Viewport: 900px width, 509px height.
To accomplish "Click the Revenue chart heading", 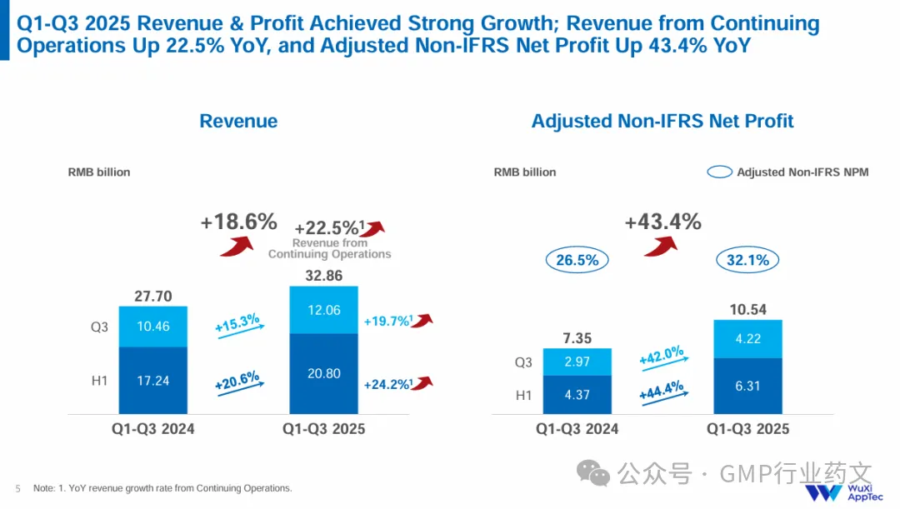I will (x=238, y=122).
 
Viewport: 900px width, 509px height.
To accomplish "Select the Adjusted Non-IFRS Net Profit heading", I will (x=662, y=122).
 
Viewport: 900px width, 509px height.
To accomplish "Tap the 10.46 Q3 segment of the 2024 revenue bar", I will (x=152, y=327).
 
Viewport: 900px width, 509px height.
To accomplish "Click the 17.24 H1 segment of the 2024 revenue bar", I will (x=152, y=380).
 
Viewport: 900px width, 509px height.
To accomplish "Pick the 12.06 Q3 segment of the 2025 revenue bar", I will (x=323, y=310).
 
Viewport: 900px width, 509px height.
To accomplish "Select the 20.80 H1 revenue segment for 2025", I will (x=323, y=373).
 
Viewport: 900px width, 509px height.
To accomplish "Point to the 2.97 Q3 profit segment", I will (x=577, y=362).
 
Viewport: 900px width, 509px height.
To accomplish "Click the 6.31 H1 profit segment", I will (x=747, y=386).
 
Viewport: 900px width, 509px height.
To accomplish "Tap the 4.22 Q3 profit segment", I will (x=747, y=339).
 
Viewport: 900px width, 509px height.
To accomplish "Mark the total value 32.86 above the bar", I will (x=323, y=276).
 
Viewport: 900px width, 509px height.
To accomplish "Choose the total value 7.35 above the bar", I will (x=577, y=337).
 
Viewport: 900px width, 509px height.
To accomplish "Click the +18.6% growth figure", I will (x=238, y=222).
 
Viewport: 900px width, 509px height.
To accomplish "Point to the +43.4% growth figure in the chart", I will (x=662, y=222).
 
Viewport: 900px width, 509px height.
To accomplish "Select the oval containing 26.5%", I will (x=577, y=260).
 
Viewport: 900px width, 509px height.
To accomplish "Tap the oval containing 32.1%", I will (x=747, y=260).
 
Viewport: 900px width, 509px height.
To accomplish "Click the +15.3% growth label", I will (x=237, y=323).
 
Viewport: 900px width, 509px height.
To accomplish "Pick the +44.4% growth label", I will (x=662, y=389).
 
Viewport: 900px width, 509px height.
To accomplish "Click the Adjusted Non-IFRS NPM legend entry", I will (x=787, y=172).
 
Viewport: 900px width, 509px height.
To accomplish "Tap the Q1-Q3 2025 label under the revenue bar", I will (x=323, y=430).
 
